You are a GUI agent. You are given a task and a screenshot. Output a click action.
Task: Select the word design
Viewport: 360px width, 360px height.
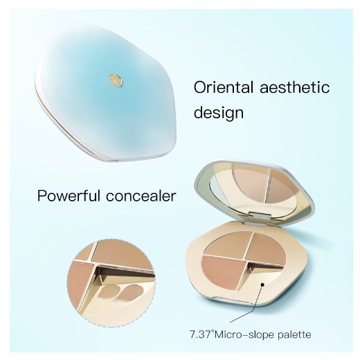coord(219,114)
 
